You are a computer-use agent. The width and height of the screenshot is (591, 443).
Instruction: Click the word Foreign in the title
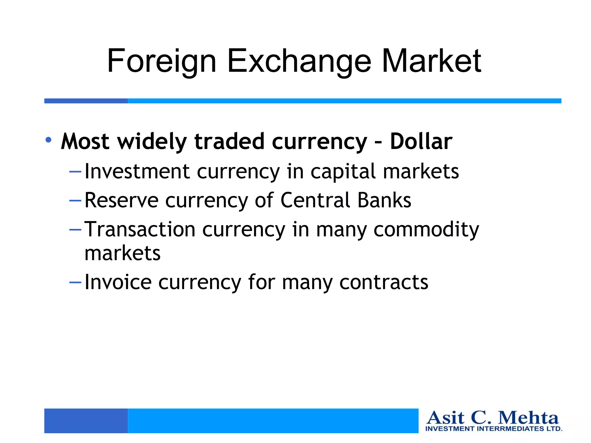tap(162, 61)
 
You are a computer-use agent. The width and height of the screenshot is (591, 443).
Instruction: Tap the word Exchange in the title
tap(299, 61)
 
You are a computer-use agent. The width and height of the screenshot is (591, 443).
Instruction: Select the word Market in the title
tap(431, 61)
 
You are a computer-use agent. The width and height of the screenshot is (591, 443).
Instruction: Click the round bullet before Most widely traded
tap(48, 140)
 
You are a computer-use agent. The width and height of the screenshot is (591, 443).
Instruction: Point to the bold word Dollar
tap(421, 141)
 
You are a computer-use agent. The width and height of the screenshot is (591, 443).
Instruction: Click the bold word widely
tap(152, 141)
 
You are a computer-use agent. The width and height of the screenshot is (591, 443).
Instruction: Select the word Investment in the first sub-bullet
tap(137, 171)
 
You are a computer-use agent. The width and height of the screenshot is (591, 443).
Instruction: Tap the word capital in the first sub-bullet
tap(343, 172)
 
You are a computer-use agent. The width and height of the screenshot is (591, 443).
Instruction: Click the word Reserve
tap(121, 200)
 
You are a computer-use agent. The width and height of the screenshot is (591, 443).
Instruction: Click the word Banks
tap(384, 200)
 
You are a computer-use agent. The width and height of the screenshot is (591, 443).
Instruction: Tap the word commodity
tap(426, 230)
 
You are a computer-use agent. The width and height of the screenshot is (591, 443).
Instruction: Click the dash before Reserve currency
tap(75, 200)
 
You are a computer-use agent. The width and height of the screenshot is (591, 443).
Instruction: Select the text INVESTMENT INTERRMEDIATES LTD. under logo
tap(493, 429)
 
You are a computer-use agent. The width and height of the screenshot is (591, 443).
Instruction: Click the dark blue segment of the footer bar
tap(86, 421)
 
